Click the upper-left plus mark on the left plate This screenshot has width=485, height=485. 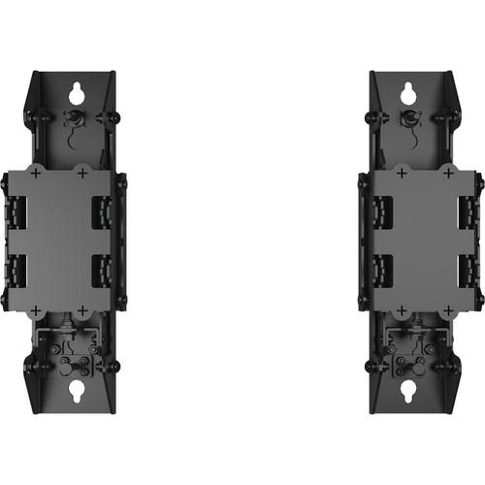point(36,173)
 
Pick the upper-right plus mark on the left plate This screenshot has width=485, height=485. point(82,173)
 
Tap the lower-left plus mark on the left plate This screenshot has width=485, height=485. point(36,310)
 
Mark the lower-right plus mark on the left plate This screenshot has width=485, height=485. point(82,310)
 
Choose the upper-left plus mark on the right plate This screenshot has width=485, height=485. point(401,173)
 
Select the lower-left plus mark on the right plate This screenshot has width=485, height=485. point(401,310)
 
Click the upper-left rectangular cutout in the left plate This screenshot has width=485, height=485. point(16,211)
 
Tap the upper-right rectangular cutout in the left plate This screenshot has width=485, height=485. point(102,213)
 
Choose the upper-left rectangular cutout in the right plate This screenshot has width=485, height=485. point(381,213)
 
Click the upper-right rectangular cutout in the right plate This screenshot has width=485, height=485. point(467,211)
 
